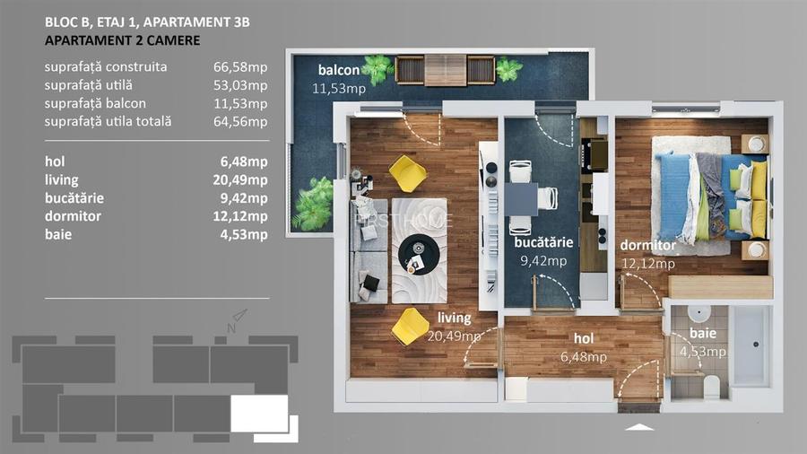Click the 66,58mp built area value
(245, 67)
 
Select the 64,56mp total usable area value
(245, 121)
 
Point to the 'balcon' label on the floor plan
(338, 71)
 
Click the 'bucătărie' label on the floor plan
(544, 243)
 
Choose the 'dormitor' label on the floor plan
(646, 245)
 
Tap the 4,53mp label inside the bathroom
(702, 351)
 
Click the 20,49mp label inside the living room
(455, 336)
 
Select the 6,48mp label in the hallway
(584, 356)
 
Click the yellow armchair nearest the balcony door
(408, 171)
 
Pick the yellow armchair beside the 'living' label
(410, 325)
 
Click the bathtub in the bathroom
(751, 346)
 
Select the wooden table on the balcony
(445, 70)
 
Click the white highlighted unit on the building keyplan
(259, 414)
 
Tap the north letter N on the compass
(231, 328)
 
